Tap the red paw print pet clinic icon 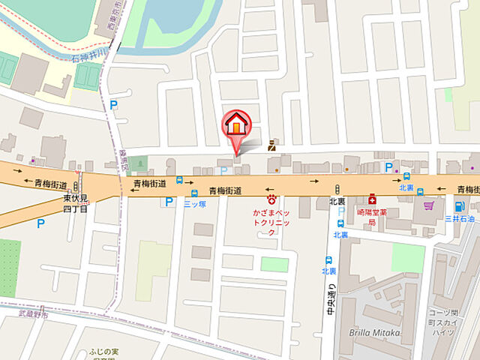(x=272, y=199)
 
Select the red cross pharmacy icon (x=371, y=200)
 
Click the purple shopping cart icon (x=429, y=205)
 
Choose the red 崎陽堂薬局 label (x=371, y=217)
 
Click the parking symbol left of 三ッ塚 (x=169, y=202)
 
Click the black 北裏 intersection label (x=337, y=202)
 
